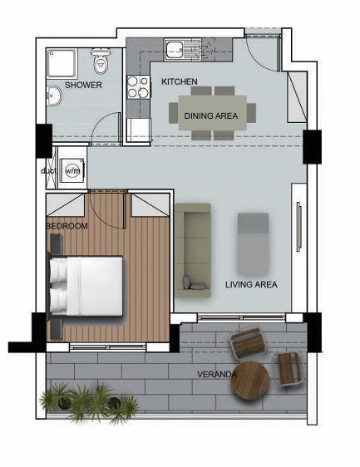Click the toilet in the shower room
[x=101, y=61]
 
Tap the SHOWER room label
[x=83, y=85]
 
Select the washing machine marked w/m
[x=72, y=170]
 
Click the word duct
[x=47, y=171]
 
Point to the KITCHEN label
[x=179, y=81]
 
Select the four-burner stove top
[x=137, y=87]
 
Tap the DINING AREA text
[x=210, y=116]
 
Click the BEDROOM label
[x=67, y=225]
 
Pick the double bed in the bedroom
[x=86, y=285]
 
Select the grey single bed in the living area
[x=253, y=243]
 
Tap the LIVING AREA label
[x=251, y=284]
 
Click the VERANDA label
[x=216, y=375]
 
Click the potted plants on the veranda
[x=88, y=402]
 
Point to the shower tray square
[x=62, y=62]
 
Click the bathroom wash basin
[x=53, y=97]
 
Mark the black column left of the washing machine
[x=43, y=140]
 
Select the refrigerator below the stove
[x=139, y=130]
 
